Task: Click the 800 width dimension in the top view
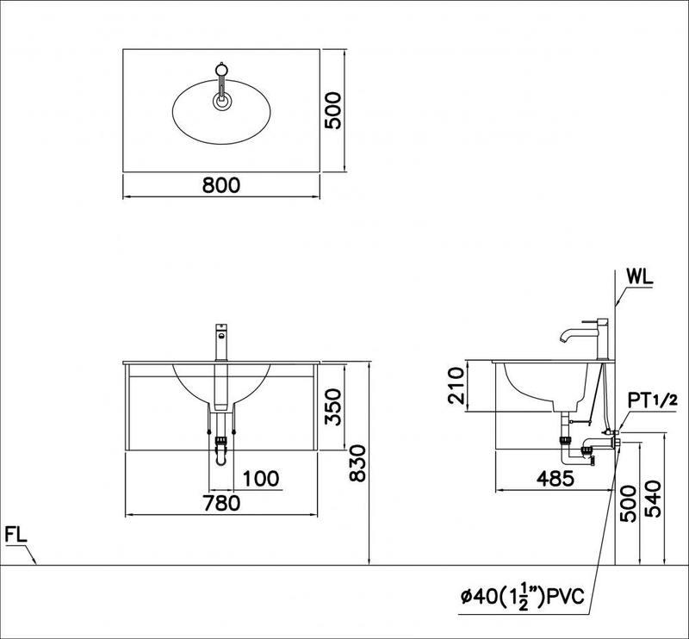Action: point(221,185)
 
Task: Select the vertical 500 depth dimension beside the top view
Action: point(332,110)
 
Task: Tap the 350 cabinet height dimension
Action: point(332,406)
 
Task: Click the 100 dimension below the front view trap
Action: point(261,479)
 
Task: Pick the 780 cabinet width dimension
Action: point(221,503)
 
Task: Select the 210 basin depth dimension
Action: point(456,386)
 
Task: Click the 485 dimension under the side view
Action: point(556,479)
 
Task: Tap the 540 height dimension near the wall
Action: point(653,499)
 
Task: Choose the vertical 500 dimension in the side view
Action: point(628,504)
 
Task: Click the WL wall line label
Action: point(640,277)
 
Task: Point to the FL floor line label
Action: point(16,535)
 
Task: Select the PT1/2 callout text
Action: point(653,400)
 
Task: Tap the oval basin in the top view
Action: point(221,112)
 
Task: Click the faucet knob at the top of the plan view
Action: point(222,69)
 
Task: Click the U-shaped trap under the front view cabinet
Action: point(221,451)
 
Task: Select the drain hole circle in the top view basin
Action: point(221,102)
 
